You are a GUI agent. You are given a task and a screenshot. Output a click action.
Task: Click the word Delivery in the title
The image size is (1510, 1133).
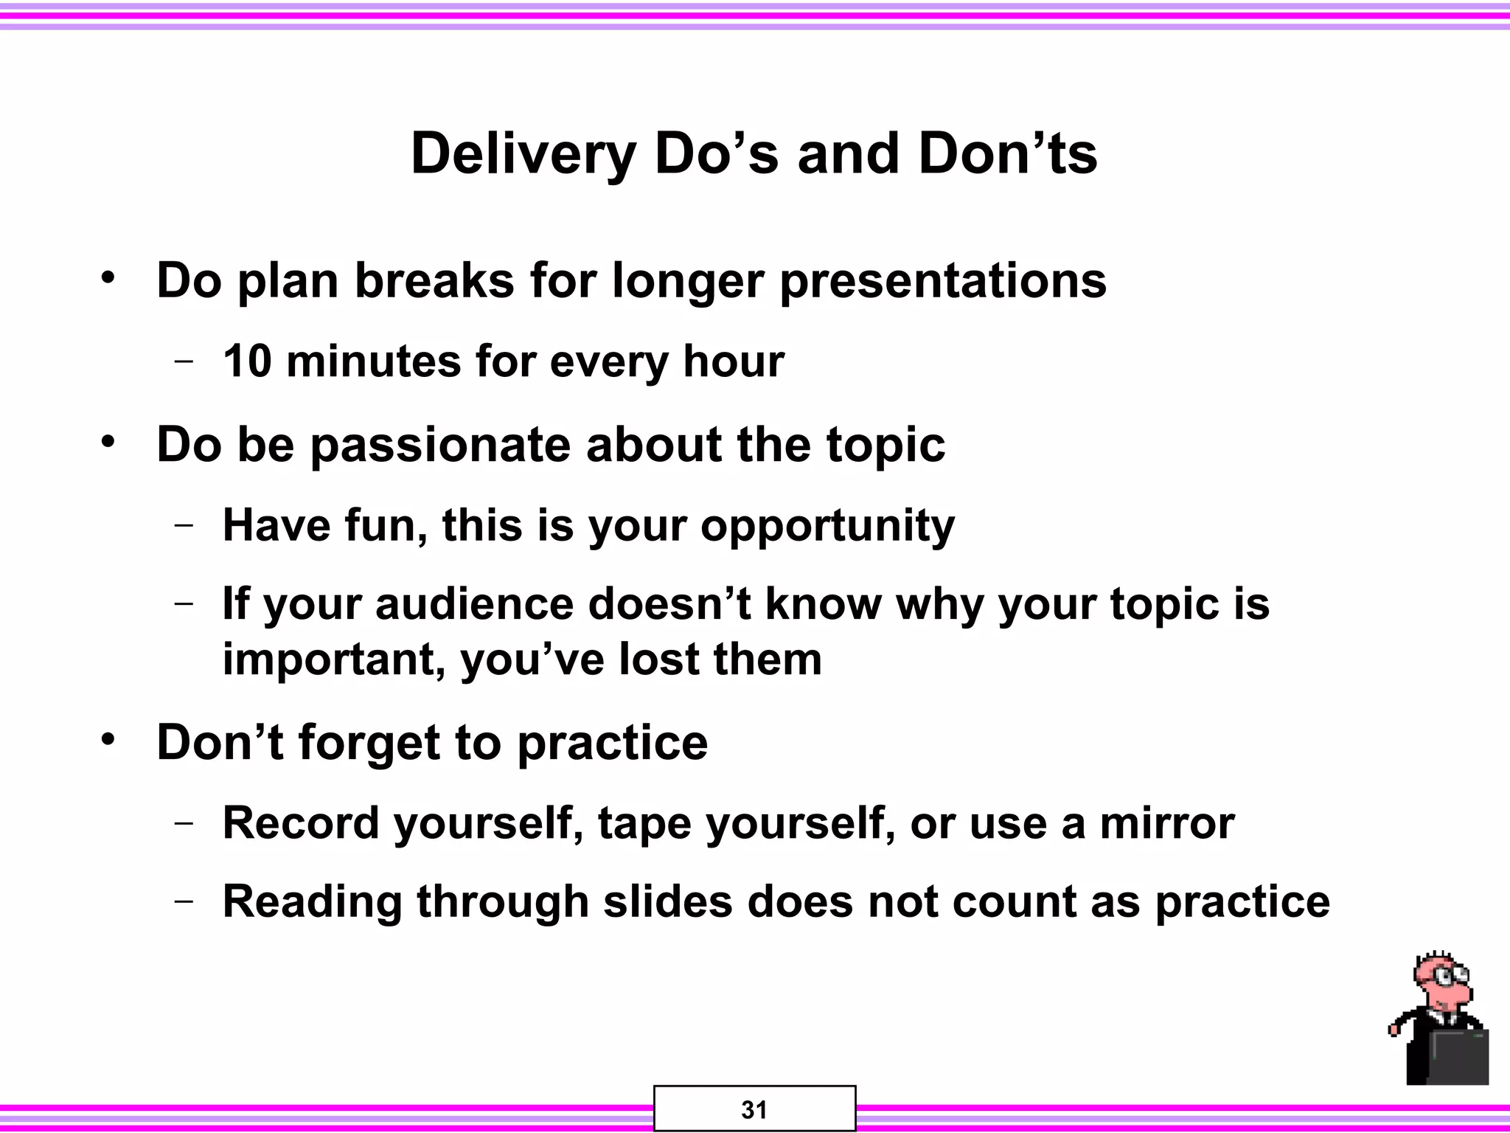tap(523, 155)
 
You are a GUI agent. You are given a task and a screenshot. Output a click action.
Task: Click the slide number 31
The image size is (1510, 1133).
tap(754, 1110)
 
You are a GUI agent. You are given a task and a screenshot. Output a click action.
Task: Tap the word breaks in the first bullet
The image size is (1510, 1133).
tap(434, 281)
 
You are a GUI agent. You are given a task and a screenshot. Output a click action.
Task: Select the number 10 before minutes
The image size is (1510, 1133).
tap(248, 361)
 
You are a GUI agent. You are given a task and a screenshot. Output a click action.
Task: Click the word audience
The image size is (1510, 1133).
tap(474, 604)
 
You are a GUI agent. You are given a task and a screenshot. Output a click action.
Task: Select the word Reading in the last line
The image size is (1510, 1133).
tap(313, 902)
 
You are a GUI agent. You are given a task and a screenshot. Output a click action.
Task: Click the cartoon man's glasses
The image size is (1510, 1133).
tap(1444, 980)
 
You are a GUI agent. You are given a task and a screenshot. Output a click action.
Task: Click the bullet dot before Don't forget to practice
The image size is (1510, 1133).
tap(109, 739)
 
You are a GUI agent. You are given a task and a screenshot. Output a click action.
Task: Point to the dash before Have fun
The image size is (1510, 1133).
tap(184, 525)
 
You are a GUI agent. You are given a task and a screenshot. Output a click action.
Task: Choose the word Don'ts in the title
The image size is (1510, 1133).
tap(1007, 155)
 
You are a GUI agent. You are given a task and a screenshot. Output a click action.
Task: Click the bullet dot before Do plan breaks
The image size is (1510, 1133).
tap(109, 279)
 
